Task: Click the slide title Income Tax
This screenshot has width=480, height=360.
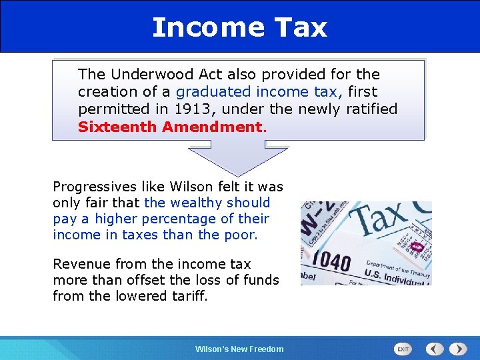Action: click(239, 27)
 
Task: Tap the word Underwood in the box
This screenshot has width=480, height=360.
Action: click(143, 74)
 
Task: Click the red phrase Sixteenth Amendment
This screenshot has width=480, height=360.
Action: click(171, 126)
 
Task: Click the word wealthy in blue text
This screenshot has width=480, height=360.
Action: click(198, 203)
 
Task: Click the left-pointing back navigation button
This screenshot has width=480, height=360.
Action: click(435, 349)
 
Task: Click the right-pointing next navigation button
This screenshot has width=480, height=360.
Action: click(458, 349)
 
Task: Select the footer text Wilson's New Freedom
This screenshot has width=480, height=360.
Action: click(239, 349)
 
